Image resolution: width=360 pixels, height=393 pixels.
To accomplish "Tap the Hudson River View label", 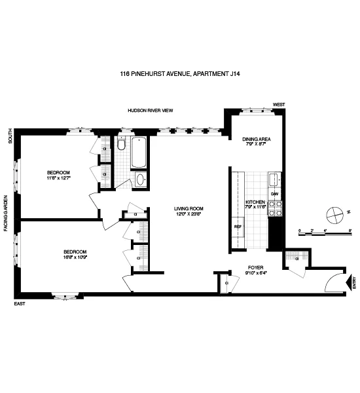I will point(150,111).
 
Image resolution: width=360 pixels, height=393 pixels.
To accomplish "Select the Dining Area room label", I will point(257,139).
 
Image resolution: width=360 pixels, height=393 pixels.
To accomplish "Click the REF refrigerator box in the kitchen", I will point(238,227).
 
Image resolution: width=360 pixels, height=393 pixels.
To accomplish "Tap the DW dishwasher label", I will point(275,195).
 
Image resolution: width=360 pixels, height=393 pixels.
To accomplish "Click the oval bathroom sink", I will point(140,179).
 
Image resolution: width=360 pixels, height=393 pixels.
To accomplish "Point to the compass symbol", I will point(334,213).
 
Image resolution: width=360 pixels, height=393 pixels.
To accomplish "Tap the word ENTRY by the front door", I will point(354,283).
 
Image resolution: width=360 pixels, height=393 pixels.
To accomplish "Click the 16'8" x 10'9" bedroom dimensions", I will point(76,256).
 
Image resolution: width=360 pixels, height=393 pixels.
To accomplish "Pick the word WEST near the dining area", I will point(279,105).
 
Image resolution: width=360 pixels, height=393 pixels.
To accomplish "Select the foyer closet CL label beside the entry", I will point(297,259).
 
